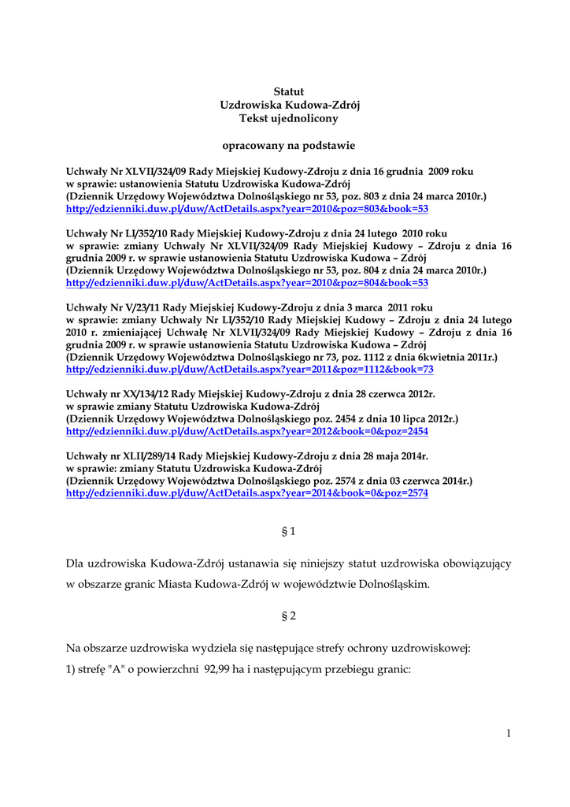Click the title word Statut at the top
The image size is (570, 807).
[288, 92]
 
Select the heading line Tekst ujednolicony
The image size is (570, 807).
[288, 118]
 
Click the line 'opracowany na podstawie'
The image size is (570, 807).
[288, 145]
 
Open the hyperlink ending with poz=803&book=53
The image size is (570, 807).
[247, 209]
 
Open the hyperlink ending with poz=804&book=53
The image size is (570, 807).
[247, 282]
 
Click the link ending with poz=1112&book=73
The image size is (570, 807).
[250, 369]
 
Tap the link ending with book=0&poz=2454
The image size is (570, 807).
[247, 431]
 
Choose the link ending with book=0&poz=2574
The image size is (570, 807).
[247, 493]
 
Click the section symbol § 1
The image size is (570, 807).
[288, 532]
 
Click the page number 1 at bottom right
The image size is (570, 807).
[509, 734]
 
